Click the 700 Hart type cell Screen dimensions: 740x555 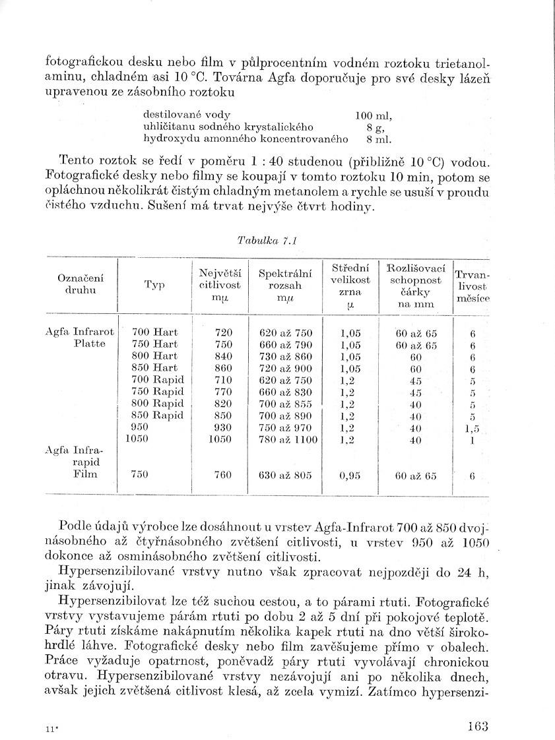155,332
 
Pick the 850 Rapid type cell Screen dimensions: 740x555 158,416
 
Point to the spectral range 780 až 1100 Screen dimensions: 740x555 289,440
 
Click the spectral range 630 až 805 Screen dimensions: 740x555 285,475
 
